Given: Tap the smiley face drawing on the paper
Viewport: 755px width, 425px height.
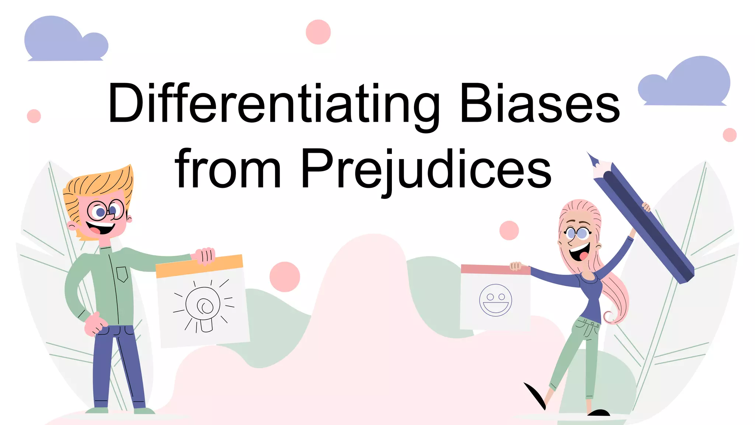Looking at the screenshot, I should (x=495, y=300).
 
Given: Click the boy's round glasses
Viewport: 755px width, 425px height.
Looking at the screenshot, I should (x=105, y=210).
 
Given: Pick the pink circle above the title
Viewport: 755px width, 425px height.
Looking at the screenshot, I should (x=318, y=32).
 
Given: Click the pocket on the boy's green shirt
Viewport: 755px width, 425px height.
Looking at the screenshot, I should (x=122, y=274).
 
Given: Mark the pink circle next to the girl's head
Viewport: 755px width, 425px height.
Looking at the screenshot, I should (x=509, y=231).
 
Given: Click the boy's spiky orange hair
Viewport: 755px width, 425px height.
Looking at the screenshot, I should (x=100, y=183).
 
